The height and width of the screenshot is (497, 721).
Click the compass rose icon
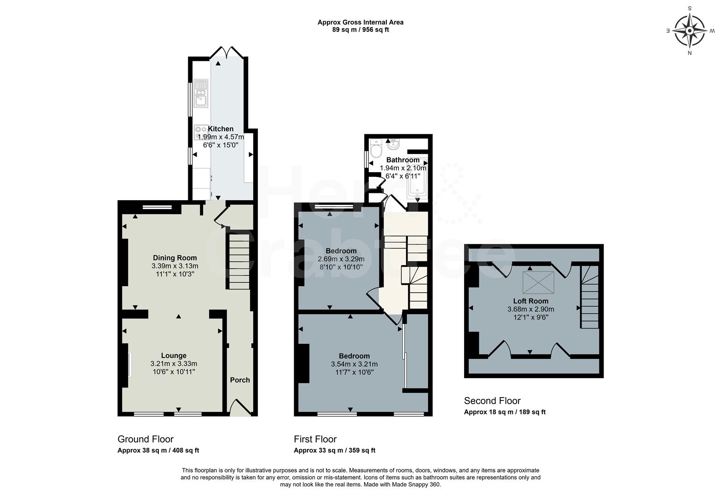tap(689, 31)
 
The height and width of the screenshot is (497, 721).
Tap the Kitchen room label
tap(221, 129)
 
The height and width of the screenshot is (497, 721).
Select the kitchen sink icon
tap(201, 93)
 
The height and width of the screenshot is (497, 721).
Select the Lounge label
tap(174, 355)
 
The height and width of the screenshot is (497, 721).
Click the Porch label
tap(239, 380)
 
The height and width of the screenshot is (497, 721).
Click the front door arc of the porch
tap(240, 407)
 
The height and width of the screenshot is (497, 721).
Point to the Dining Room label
tap(174, 258)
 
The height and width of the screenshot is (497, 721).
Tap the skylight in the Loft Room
tap(538, 282)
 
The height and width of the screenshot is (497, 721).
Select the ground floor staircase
tap(239, 261)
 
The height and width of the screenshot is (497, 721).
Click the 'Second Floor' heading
tap(492, 401)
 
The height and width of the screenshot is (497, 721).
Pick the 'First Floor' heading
tap(315, 439)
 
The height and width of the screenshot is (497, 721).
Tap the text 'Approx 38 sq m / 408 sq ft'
tap(158, 451)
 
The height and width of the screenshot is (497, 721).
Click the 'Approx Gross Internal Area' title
tap(360, 22)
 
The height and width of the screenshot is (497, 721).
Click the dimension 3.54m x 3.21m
tap(354, 364)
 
